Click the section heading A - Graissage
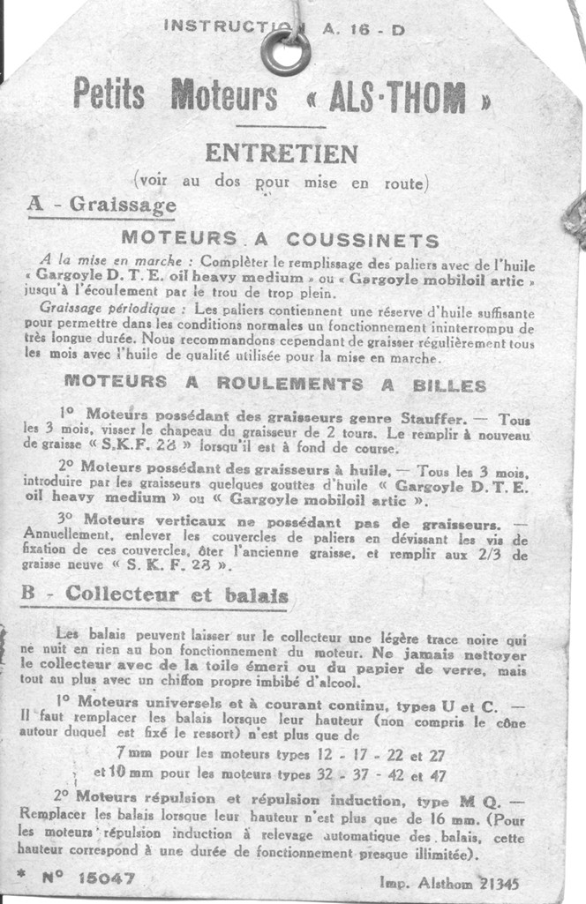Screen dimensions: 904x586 pyautogui.click(x=101, y=205)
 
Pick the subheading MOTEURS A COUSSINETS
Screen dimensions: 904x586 pyautogui.click(x=280, y=239)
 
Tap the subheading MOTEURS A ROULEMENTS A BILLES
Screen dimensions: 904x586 pyautogui.click(x=275, y=384)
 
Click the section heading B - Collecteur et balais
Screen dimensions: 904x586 pyautogui.click(x=154, y=595)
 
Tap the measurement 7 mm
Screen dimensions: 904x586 pyautogui.click(x=132, y=755)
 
